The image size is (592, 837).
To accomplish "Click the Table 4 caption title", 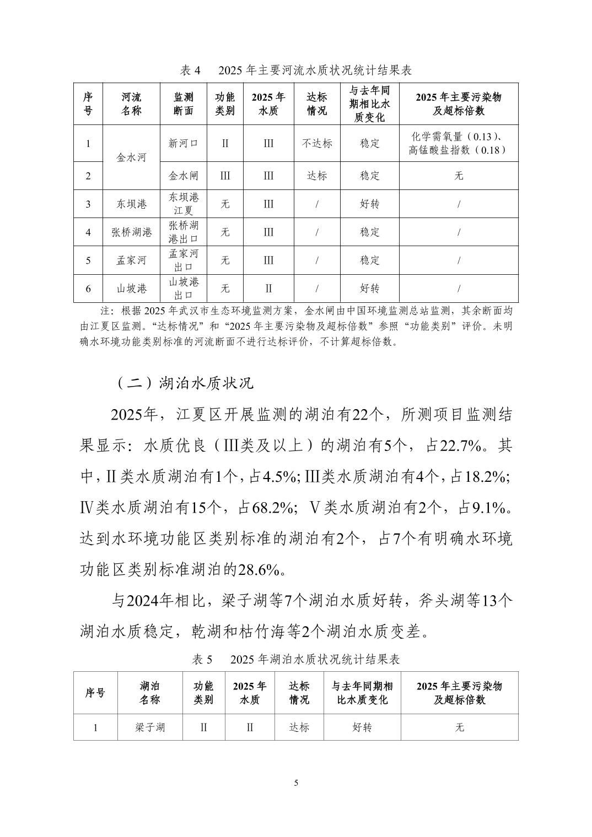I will click(x=296, y=70).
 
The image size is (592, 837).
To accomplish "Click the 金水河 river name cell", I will click(x=132, y=157).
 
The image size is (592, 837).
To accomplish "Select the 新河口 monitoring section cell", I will click(x=184, y=143).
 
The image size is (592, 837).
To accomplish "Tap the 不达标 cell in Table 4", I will click(x=317, y=143).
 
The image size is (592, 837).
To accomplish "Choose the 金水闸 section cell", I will click(x=184, y=176).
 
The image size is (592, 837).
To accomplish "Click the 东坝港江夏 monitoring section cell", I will click(x=184, y=204).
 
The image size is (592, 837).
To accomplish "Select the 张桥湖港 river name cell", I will click(x=132, y=232).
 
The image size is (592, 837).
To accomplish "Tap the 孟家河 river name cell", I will click(x=132, y=260).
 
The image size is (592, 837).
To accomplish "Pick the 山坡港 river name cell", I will click(x=132, y=288).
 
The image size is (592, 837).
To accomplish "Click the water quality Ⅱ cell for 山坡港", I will click(x=268, y=288).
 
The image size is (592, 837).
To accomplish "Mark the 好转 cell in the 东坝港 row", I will click(x=370, y=204).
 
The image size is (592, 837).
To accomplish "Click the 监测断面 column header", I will click(x=184, y=104).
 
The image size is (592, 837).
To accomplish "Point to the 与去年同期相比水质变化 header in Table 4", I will click(x=370, y=104).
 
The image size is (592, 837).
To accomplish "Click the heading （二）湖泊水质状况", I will click(x=185, y=383).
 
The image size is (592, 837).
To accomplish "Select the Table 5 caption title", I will click(x=296, y=659).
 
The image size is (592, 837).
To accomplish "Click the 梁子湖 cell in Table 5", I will click(x=150, y=727).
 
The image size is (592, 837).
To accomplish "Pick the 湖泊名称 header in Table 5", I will click(x=150, y=693).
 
